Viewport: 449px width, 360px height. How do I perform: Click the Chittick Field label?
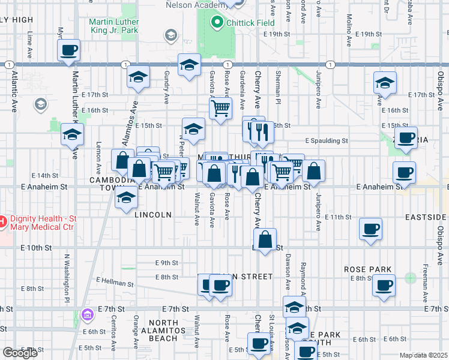[250, 23]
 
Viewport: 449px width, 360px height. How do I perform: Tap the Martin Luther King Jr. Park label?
[113, 26]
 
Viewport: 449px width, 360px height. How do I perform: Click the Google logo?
[20, 353]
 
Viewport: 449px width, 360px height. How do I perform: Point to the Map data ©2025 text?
[423, 355]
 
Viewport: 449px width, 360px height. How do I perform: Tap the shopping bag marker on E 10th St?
[267, 239]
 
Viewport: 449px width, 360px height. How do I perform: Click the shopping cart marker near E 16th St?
[220, 109]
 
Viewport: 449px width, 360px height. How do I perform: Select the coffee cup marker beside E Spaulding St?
[406, 137]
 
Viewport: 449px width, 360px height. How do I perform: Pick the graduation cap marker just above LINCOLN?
[126, 197]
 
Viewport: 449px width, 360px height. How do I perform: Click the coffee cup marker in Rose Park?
[384, 286]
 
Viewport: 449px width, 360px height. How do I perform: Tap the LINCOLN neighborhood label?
[153, 214]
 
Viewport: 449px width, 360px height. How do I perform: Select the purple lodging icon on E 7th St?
[88, 314]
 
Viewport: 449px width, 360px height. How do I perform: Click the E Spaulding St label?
[326, 141]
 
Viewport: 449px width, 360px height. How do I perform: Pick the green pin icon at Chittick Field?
[216, 23]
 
